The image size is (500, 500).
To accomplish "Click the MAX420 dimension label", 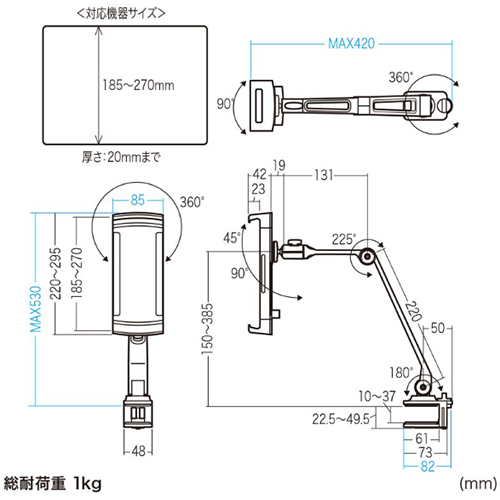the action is pos(351,44).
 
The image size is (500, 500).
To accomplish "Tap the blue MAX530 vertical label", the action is pos(36,309).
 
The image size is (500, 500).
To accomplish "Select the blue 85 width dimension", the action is pos(138,200).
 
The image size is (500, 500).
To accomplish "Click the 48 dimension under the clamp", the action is pos(139,451).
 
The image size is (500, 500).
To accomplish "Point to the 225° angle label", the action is pos(344,239).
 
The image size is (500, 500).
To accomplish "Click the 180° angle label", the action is pos(401,373).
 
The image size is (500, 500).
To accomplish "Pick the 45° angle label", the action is pos(232,238).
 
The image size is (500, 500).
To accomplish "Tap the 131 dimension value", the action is pos(324,175).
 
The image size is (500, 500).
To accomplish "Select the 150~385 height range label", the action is pos(207,329).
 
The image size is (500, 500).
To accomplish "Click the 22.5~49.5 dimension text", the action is pos(341,419).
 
